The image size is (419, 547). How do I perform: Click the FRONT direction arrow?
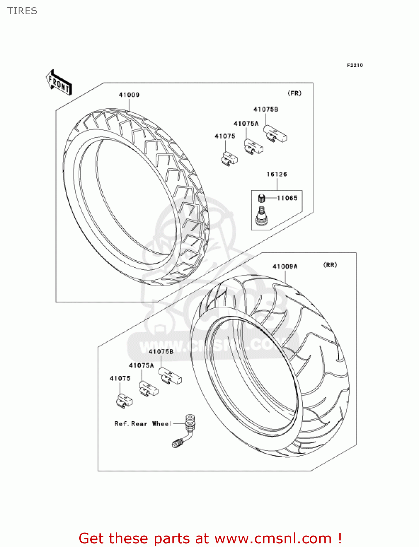(59, 83)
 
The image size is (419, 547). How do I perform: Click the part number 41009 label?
(129, 95)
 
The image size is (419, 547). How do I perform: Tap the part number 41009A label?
(285, 267)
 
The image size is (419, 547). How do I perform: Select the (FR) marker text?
(294, 93)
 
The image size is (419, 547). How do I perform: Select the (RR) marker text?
(330, 265)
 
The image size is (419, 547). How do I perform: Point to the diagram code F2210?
(355, 65)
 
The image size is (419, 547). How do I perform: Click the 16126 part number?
(277, 174)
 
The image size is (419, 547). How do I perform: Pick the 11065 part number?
(287, 198)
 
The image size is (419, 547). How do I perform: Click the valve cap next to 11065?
(261, 198)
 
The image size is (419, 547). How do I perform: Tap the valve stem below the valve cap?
(261, 217)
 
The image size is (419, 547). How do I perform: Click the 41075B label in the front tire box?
(266, 109)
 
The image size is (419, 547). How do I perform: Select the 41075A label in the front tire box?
(246, 124)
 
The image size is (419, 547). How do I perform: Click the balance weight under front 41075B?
(275, 134)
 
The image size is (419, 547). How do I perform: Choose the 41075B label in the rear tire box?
(161, 352)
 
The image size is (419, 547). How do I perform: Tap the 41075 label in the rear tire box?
(120, 379)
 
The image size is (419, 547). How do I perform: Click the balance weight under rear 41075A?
(148, 389)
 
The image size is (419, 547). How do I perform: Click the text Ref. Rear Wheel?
(143, 424)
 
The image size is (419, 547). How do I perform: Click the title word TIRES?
(22, 11)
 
